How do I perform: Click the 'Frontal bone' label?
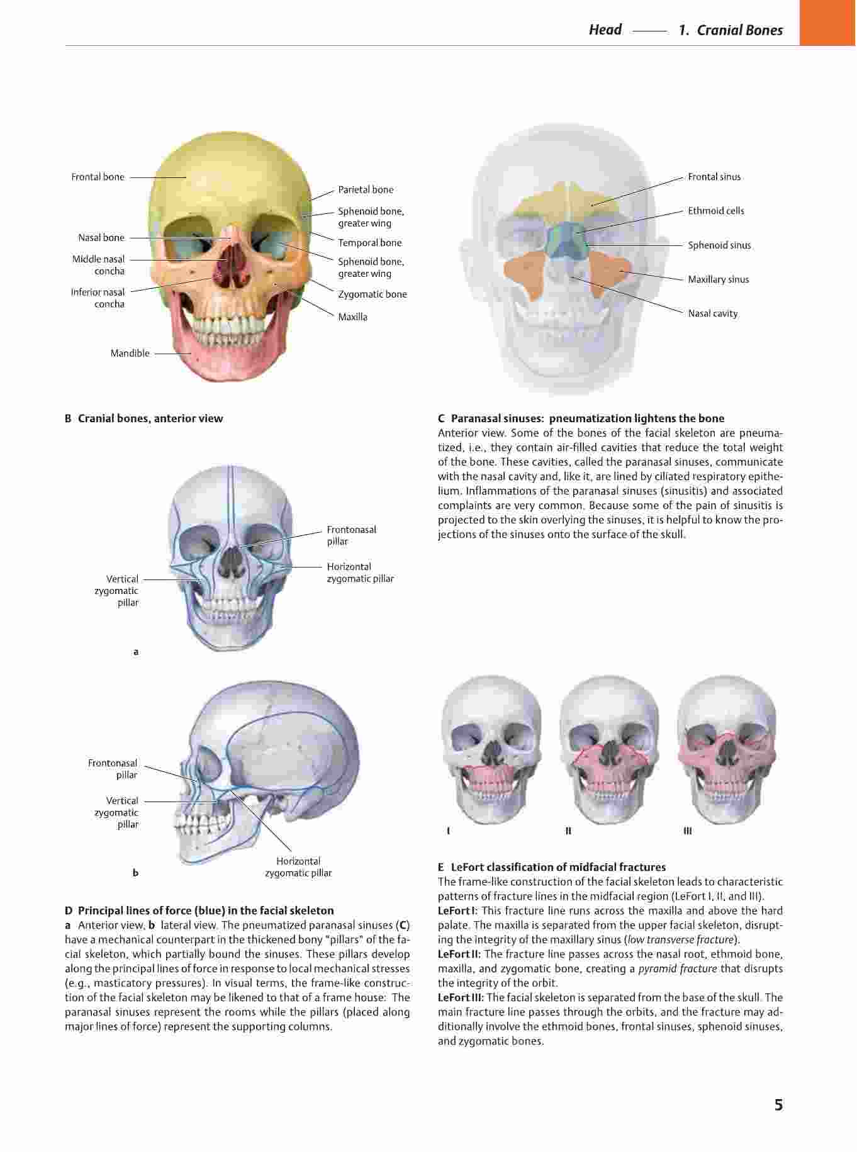[x=98, y=177]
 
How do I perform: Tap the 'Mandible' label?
[x=130, y=354]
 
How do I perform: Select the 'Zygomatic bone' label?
[x=372, y=294]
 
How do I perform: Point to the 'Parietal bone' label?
[x=366, y=190]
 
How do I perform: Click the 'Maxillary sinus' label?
[x=719, y=280]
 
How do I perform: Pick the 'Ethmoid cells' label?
[x=716, y=211]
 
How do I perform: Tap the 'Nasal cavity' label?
[x=713, y=314]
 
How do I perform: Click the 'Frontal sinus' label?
[x=714, y=177]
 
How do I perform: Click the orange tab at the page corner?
[x=828, y=23]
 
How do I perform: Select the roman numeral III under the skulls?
[x=688, y=831]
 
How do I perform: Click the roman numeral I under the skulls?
[x=448, y=831]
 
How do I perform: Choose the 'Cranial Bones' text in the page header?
[x=740, y=30]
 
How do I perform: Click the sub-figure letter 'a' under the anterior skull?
[x=136, y=652]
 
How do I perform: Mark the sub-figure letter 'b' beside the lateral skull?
[x=136, y=873]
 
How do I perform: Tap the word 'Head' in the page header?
[x=605, y=30]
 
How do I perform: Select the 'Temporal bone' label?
[x=370, y=243]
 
